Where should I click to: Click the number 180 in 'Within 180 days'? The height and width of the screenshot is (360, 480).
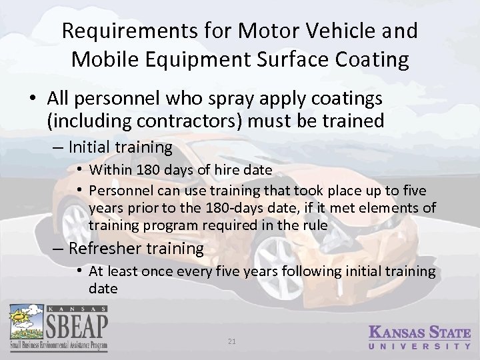145,170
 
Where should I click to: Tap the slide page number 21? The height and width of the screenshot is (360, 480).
232,341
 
